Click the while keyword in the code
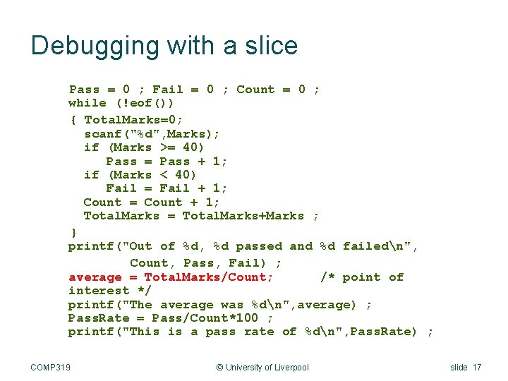(87, 103)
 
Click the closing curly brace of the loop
(73, 231)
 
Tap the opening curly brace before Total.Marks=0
(73, 119)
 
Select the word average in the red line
(95, 277)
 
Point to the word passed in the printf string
(260, 246)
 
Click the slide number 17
(477, 367)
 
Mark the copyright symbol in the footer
(219, 367)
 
